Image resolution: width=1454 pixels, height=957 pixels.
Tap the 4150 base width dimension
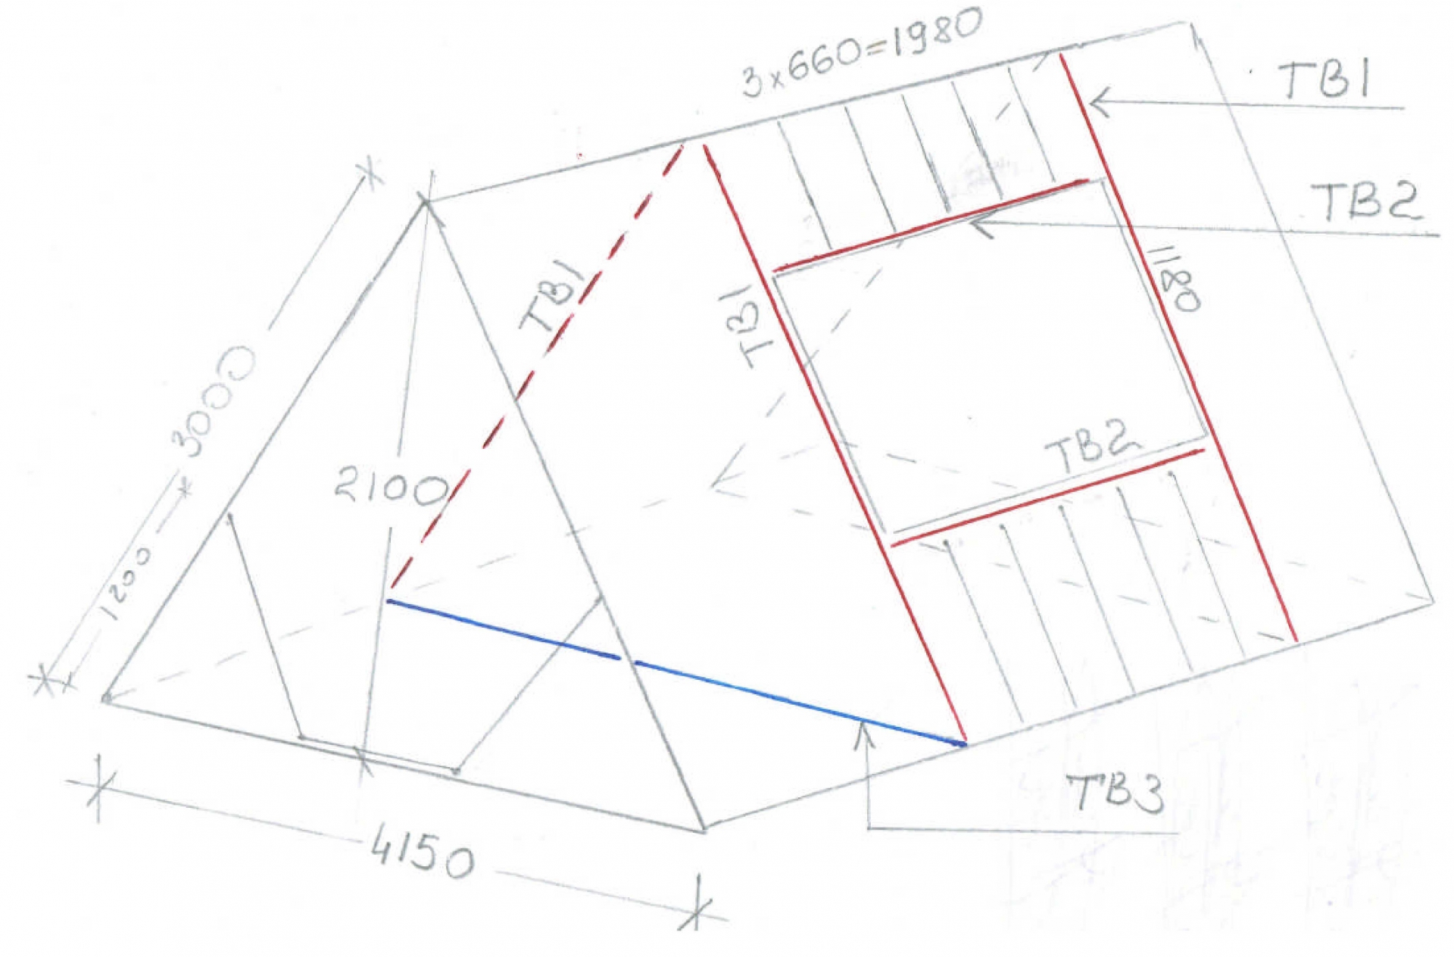pos(422,856)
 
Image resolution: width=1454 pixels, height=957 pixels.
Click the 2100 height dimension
pos(391,487)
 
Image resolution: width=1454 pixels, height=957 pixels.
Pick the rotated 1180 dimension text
pos(1176,278)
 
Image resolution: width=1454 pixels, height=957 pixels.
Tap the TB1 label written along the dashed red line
pos(554,298)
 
